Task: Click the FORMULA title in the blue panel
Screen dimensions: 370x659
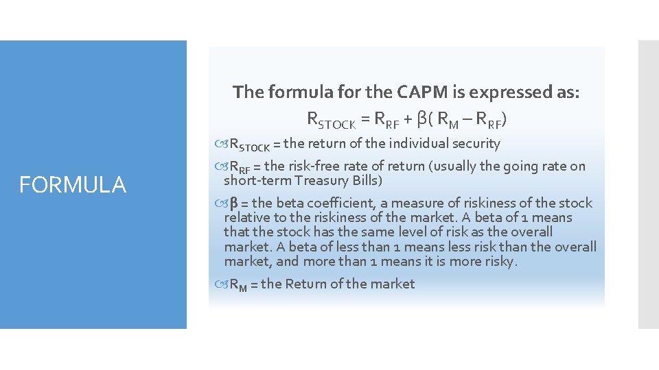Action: click(73, 185)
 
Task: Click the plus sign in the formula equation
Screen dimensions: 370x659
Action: click(408, 120)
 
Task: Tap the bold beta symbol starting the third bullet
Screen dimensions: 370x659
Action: click(233, 203)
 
